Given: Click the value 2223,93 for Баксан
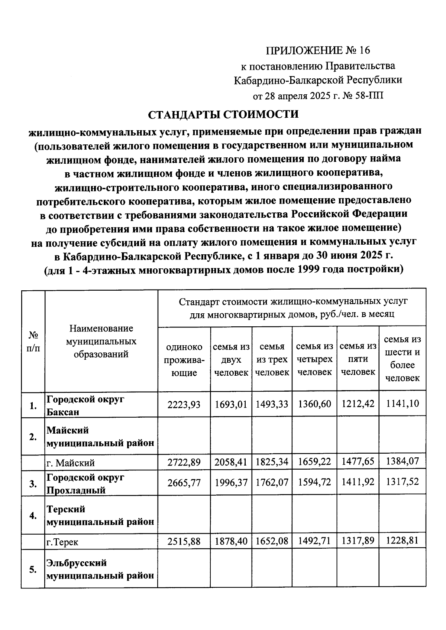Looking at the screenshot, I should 184,404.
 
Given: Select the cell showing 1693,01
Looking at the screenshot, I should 231,404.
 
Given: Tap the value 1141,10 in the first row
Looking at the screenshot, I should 403,404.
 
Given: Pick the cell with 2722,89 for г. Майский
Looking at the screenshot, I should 184,462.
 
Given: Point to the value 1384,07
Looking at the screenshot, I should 403,461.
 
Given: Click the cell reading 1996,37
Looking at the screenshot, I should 231,482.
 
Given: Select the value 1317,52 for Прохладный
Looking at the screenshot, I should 403,482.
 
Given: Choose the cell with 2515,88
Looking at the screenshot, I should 184,542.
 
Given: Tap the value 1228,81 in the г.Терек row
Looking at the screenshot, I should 403,541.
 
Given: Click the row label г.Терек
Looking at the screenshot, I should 62,542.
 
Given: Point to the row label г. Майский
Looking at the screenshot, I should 71,463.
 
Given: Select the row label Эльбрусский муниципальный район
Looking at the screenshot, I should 100,569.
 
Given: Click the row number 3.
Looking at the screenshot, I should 33,484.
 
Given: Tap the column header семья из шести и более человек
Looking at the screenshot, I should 403,359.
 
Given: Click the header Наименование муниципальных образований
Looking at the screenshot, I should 101,341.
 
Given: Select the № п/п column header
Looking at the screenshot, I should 33,341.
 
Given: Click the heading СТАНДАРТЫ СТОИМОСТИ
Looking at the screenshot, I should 223,114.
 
